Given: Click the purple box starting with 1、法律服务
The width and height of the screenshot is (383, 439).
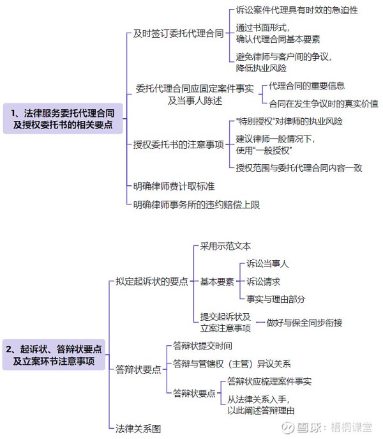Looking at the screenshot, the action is pos(63,118).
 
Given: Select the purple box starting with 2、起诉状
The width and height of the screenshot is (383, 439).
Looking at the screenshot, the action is pos(54,355).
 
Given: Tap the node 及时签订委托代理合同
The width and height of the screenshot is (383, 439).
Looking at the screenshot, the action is pos(178,34).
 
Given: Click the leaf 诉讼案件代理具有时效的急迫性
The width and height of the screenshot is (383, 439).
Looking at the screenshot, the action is pos(297,10).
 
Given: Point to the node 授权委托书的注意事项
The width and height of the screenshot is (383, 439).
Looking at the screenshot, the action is pos(178,144).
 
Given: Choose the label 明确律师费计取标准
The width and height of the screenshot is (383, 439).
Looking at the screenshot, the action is pos(174,186).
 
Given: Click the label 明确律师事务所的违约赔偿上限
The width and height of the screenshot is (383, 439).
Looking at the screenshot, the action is pos(197,204).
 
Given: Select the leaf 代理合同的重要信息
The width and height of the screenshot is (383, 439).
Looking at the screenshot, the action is pos(306,86).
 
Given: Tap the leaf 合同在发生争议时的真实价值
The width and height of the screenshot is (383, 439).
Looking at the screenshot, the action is pos(324,104).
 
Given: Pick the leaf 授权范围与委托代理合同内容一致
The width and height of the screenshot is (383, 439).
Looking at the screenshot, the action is pos(299,167).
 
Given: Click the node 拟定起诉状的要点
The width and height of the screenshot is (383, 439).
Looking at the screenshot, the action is pos(152,281).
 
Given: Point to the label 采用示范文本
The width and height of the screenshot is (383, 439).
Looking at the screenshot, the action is pos(225,246).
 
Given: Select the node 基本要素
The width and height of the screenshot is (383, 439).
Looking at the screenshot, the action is pos(217,281).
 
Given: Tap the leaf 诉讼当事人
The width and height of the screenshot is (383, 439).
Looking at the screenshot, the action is pos(267,264).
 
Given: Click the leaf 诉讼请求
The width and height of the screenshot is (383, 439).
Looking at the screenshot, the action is pos(263,281).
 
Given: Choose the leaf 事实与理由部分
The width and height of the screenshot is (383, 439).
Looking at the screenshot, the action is pos(276,299).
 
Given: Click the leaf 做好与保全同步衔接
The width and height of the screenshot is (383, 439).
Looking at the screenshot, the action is pos(304,323).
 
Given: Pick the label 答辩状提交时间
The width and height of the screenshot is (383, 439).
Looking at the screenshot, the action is pos(202,346).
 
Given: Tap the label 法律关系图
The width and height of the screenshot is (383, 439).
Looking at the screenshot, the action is pos(139,429).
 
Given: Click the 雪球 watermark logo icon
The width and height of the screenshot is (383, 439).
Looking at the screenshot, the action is pos(288,427).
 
